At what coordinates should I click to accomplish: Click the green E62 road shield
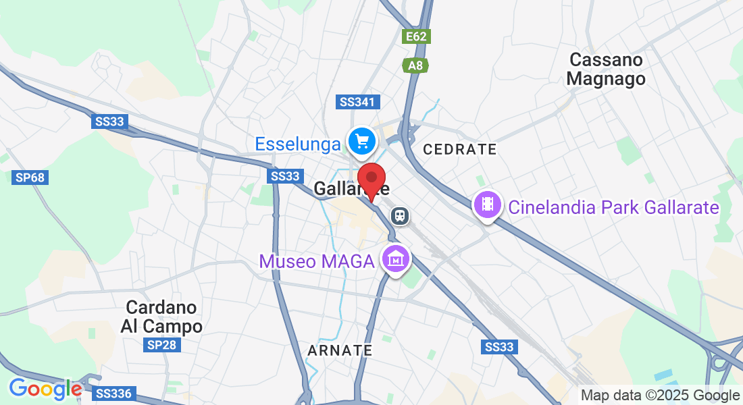416,36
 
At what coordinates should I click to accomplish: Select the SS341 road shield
358,102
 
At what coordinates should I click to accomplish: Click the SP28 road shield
161,346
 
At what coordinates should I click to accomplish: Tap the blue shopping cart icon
362,141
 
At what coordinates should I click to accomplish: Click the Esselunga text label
298,144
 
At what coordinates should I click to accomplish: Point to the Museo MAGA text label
317,261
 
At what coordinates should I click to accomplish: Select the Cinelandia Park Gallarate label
613,207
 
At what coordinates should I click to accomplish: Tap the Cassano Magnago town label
606,69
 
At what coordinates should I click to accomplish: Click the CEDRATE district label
459,149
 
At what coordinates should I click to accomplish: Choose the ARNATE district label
340,350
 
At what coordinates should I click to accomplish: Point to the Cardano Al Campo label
161,317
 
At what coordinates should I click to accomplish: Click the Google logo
45,389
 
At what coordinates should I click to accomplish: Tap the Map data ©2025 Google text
661,396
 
